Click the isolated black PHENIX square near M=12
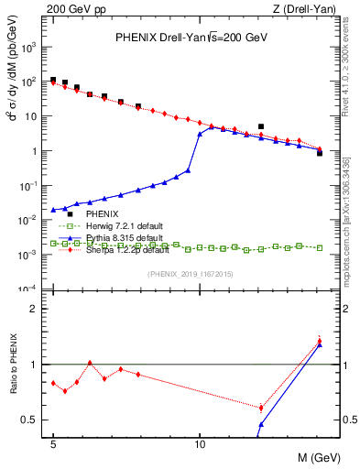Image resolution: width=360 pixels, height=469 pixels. [261, 126]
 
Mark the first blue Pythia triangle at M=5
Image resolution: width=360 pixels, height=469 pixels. [53, 210]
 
